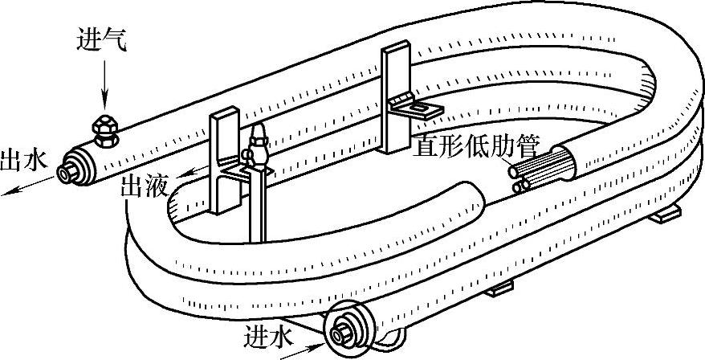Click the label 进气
[x=101, y=39]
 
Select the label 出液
[x=143, y=187]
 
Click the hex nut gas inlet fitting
[x=104, y=129]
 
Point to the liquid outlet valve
[x=258, y=148]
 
